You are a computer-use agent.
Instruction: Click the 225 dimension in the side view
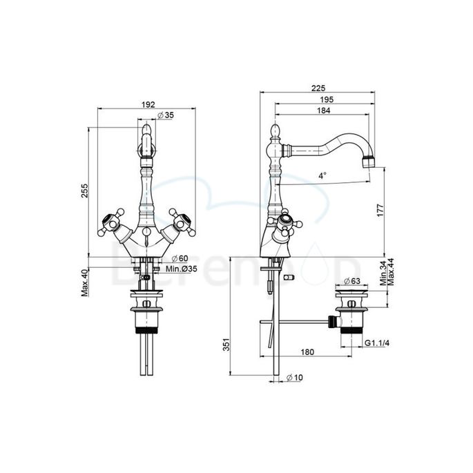click(x=318, y=88)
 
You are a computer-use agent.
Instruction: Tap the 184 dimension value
click(x=323, y=111)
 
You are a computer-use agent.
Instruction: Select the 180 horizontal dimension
click(x=307, y=352)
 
